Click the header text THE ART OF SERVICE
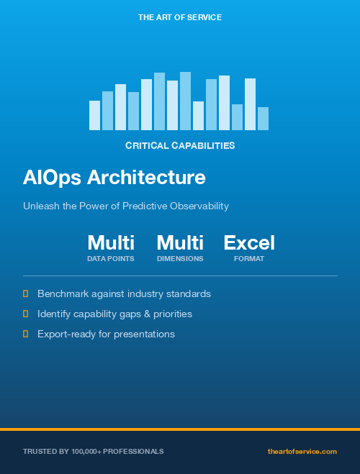point(179,17)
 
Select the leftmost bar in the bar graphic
point(94,116)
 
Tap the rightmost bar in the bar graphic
point(263,119)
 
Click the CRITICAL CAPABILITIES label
point(179,145)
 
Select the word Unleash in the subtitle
point(41,206)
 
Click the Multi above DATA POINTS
point(111,242)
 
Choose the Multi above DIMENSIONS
point(180,242)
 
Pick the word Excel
point(249,242)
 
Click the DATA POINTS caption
point(111,258)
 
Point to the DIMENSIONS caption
point(180,258)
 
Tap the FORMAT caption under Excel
point(249,258)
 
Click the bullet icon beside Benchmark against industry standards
point(26,293)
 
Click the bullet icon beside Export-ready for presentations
point(26,334)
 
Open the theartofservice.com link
point(302,451)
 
